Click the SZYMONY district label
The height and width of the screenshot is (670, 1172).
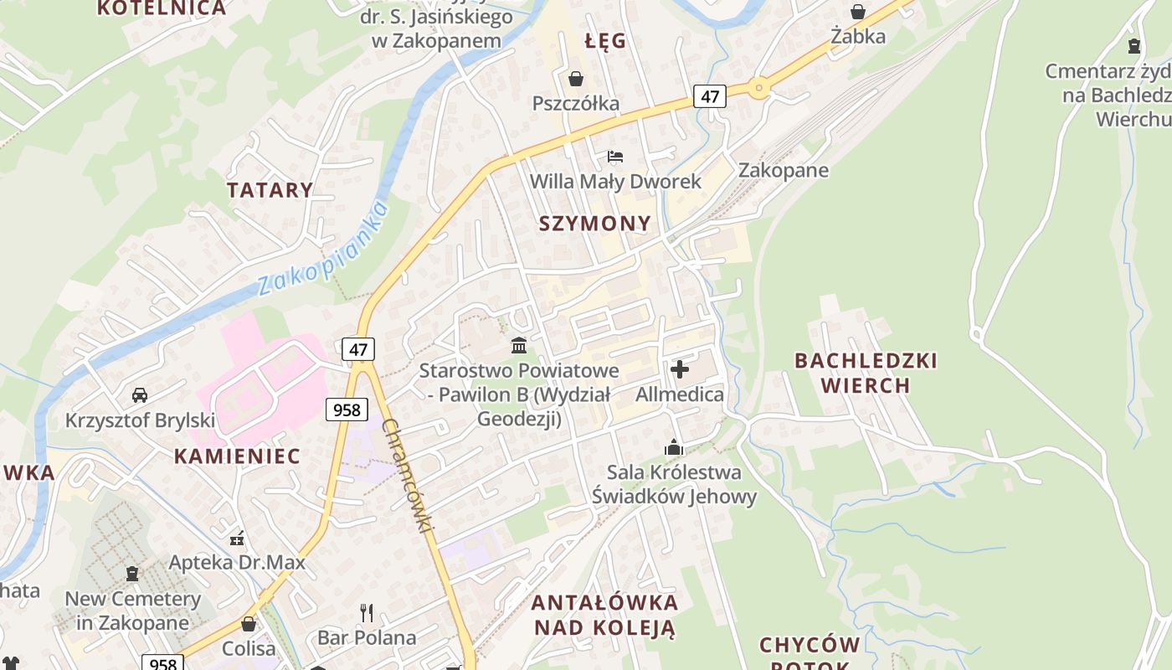594,223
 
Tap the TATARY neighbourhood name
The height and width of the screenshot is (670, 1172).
270,190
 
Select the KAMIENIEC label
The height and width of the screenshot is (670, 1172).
237,456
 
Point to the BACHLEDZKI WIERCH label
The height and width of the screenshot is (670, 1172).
866,373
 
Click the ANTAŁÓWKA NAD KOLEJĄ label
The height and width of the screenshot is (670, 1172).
604,615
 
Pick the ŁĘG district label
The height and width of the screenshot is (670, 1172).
605,41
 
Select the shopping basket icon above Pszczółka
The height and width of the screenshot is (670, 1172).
576,79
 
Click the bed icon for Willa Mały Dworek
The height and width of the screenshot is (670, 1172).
615,157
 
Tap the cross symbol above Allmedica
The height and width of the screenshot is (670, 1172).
680,368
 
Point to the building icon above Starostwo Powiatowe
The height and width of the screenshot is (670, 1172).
519,345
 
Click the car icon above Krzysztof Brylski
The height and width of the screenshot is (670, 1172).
140,394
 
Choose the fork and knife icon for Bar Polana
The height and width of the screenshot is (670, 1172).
367,613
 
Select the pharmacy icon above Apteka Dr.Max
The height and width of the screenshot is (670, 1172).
238,537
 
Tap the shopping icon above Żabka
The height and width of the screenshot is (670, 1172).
858,12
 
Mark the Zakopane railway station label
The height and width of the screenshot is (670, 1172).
783,171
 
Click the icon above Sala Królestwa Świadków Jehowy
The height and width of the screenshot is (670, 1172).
674,447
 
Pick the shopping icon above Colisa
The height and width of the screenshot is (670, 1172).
249,624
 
